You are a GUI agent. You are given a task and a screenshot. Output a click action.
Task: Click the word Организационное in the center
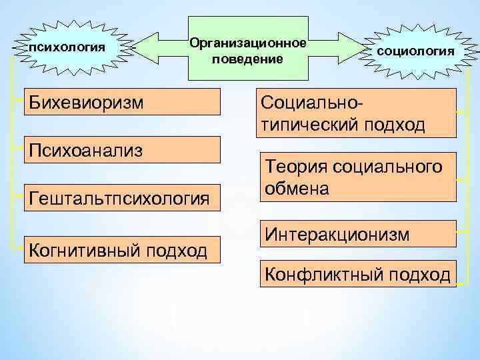point(248,43)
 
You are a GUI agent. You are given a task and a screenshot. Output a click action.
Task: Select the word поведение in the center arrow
point(248,59)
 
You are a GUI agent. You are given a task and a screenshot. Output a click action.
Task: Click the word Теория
point(294,167)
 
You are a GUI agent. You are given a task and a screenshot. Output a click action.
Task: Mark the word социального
point(386,167)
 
